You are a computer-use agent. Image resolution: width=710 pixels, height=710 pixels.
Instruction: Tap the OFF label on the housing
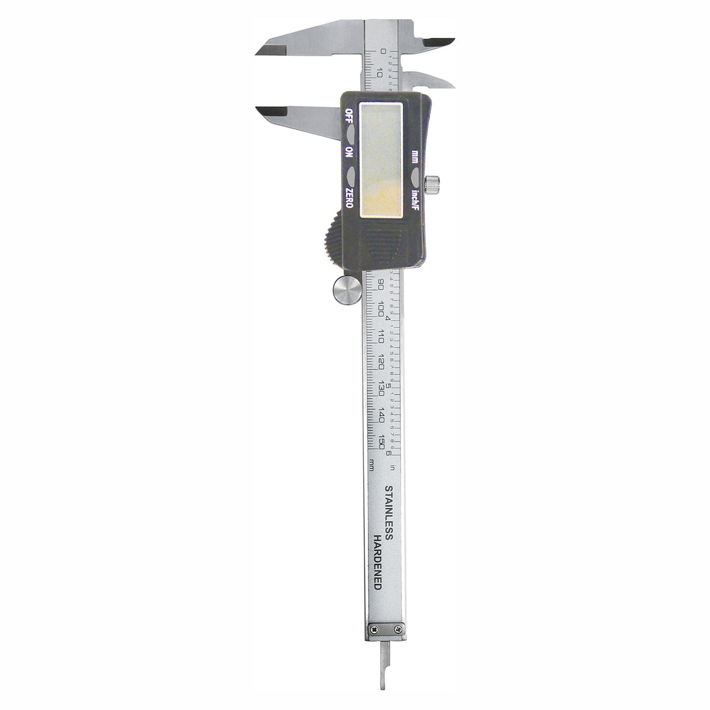(349, 114)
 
